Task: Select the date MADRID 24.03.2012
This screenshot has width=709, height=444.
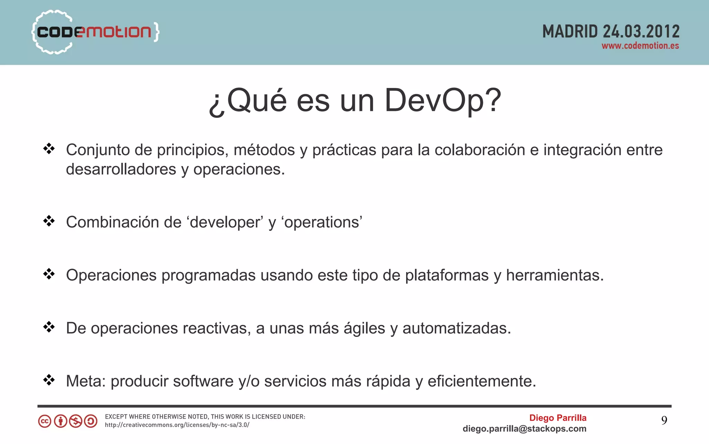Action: click(611, 32)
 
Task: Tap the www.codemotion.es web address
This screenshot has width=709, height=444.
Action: click(640, 46)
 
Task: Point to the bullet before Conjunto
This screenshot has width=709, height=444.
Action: click(49, 149)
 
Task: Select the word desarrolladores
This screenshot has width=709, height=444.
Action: click(121, 169)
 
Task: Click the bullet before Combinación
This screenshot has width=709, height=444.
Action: click(49, 221)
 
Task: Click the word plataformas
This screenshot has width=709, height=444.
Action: click(447, 276)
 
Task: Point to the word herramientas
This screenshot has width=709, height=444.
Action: click(555, 276)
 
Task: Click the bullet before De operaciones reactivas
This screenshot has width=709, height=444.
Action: click(49, 327)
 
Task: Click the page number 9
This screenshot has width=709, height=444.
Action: click(664, 420)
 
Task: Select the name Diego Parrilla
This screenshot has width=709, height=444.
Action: click(558, 418)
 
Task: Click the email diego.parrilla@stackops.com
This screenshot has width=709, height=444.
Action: click(524, 429)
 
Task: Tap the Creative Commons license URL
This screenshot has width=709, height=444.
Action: click(177, 425)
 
